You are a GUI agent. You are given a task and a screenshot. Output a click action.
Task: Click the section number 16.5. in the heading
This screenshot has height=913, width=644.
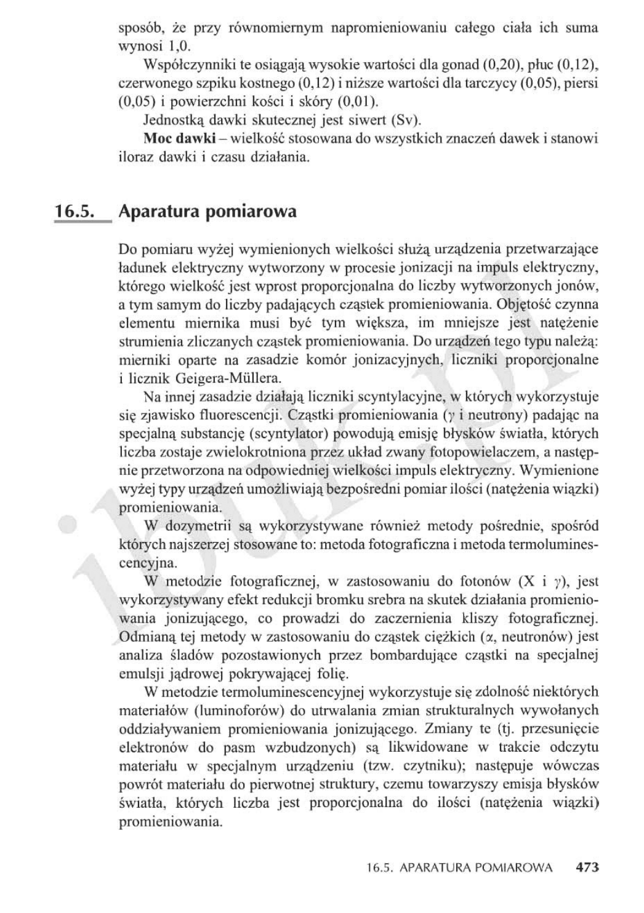74,212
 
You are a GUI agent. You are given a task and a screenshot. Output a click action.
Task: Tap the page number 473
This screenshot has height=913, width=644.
587,868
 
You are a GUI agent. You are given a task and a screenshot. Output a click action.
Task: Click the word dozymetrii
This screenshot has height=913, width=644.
198,527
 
